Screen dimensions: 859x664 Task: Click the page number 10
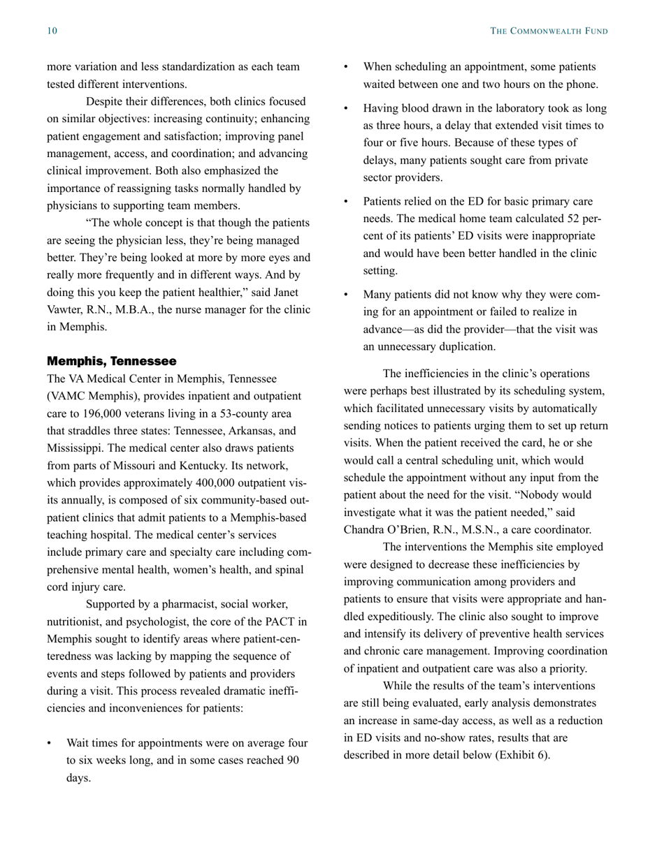(52, 31)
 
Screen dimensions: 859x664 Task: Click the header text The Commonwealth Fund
(549, 31)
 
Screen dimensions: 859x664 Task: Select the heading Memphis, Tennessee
(112, 361)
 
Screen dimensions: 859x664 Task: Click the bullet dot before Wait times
(50, 744)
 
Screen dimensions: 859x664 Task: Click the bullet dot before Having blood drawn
(347, 109)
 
